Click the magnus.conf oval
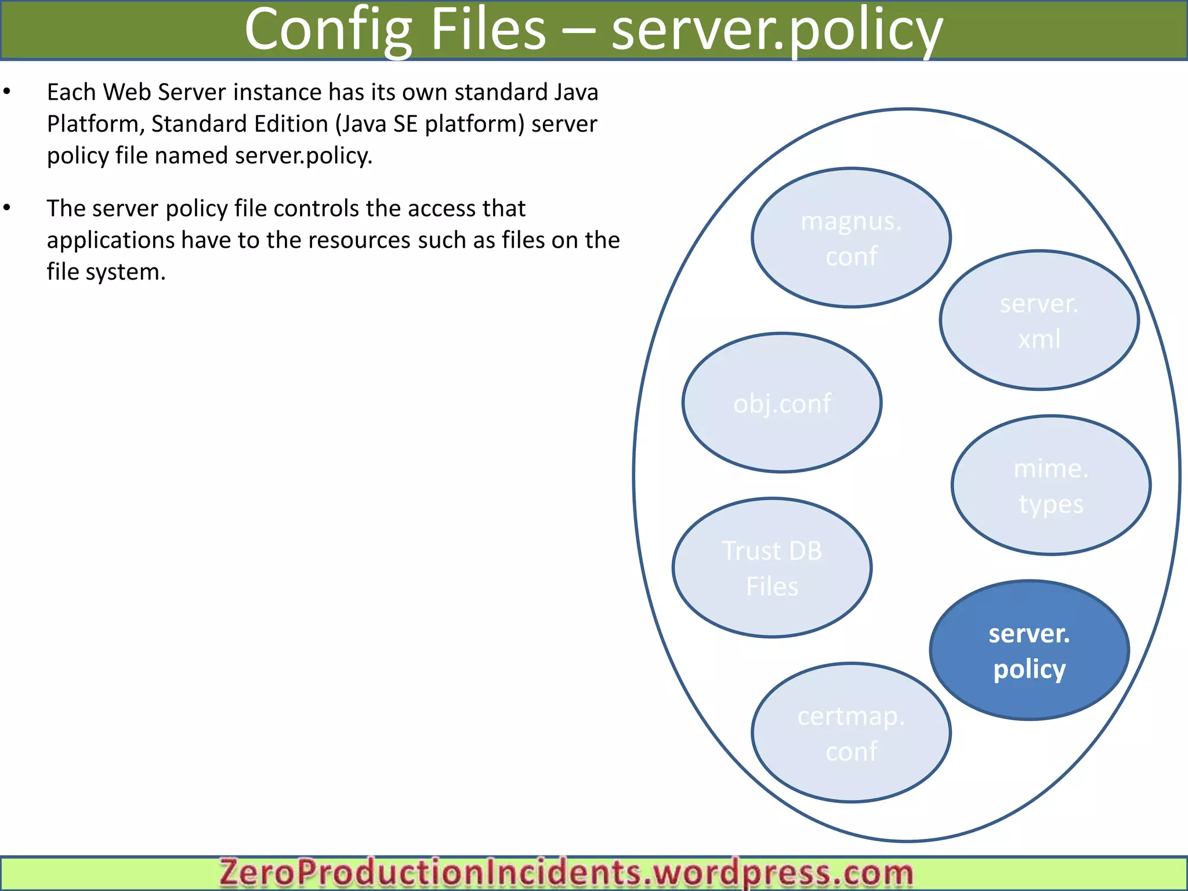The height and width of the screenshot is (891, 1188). tap(851, 238)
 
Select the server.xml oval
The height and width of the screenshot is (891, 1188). tap(1039, 320)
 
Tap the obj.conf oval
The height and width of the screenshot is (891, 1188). tap(782, 403)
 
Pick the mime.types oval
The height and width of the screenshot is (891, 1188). tap(1051, 486)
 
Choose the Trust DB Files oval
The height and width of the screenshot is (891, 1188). tap(772, 568)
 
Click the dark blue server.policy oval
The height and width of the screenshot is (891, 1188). tap(1029, 650)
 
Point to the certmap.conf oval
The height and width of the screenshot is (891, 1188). tap(851, 733)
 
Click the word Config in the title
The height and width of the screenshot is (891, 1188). tap(328, 30)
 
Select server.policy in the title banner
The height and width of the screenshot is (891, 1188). tap(777, 30)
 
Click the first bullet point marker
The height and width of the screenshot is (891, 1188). tap(7, 92)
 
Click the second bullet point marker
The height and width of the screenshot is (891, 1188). tap(7, 208)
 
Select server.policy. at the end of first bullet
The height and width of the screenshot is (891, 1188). tap(303, 156)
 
